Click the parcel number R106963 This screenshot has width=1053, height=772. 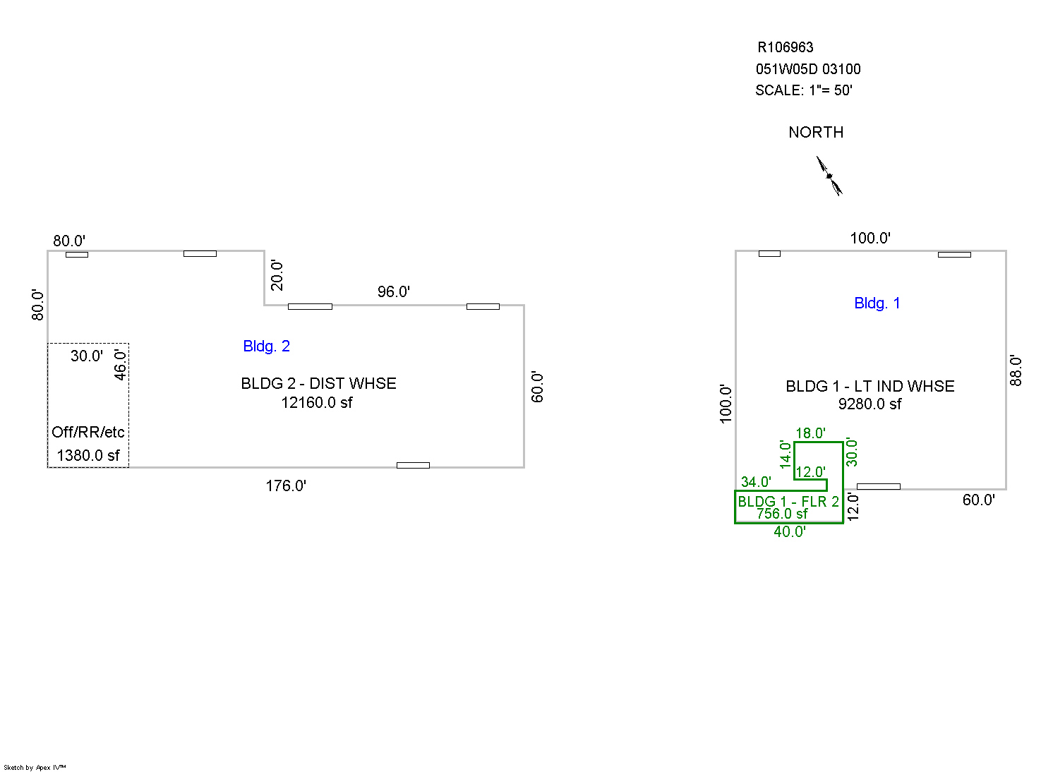(785, 47)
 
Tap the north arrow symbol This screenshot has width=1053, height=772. (829, 176)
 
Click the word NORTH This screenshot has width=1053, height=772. (816, 133)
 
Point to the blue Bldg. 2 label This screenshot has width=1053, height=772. (266, 346)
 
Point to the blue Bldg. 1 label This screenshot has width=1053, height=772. (877, 303)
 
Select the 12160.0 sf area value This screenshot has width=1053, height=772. (316, 403)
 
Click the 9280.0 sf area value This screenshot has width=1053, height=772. (870, 404)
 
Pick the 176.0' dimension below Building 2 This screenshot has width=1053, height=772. (286, 485)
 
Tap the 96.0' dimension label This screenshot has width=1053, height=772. (393, 291)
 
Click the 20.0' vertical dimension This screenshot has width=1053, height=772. (277, 275)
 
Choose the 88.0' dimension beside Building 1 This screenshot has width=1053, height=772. (1016, 370)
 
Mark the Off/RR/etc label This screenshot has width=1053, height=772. (88, 432)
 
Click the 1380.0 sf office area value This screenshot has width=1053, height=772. (88, 456)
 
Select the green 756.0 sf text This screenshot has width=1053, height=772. (782, 514)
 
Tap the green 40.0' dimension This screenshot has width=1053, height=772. (789, 532)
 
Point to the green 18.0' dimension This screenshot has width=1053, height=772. (810, 433)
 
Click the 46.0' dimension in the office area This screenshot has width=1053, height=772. (121, 365)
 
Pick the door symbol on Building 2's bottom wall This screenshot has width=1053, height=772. (413, 465)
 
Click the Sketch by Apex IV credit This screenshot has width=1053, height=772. (35, 767)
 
